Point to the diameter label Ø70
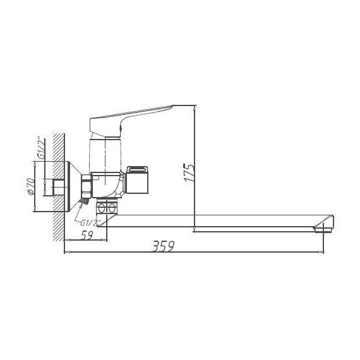pos(29,186)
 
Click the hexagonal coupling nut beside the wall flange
pos(85,186)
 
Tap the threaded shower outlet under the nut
pos(82,201)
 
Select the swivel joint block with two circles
pos(107,208)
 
